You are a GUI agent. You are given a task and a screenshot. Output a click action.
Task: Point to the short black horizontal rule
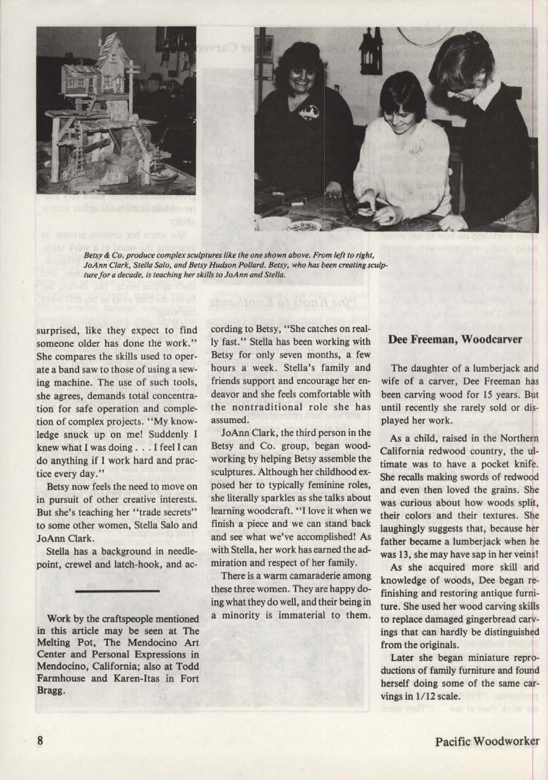click(x=117, y=591)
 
